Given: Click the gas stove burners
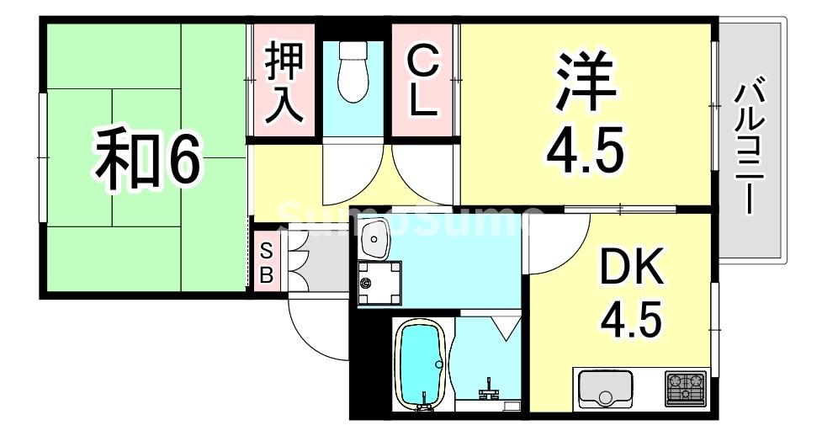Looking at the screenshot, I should (687, 387).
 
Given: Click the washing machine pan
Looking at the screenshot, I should (378, 282).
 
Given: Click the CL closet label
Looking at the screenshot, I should (422, 82).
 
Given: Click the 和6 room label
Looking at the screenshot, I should (148, 161).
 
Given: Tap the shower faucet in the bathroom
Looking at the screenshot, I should (488, 391).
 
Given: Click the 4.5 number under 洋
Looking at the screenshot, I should (586, 152).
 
